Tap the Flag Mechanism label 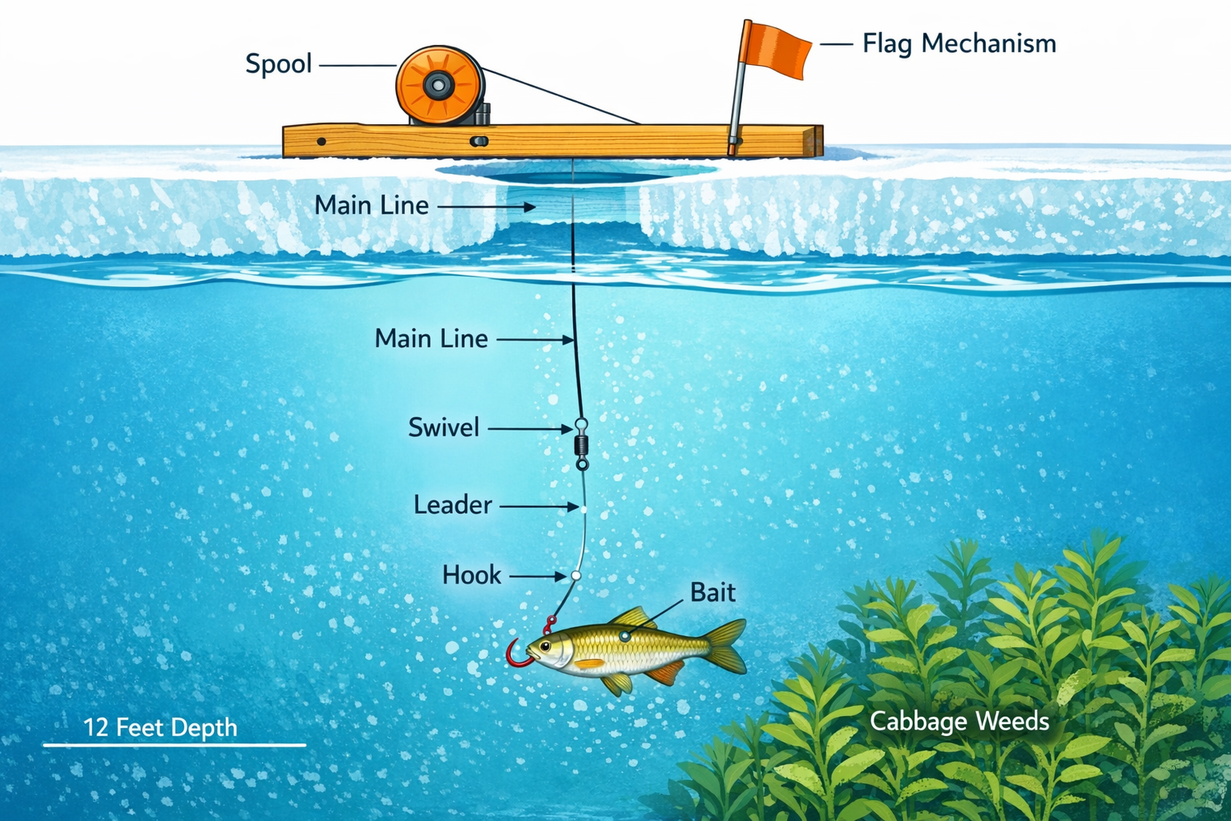tap(959, 43)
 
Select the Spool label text tap(278, 63)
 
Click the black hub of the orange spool tap(438, 84)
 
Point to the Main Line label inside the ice tap(371, 205)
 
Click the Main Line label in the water tap(431, 338)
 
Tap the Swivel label tap(443, 427)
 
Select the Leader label tap(452, 505)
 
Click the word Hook tap(471, 575)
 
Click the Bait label tap(712, 592)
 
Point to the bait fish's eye tap(545, 646)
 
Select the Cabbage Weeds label tap(959, 722)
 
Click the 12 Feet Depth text tap(160, 727)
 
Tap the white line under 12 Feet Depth tap(174, 745)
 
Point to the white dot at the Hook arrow tap(575, 576)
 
